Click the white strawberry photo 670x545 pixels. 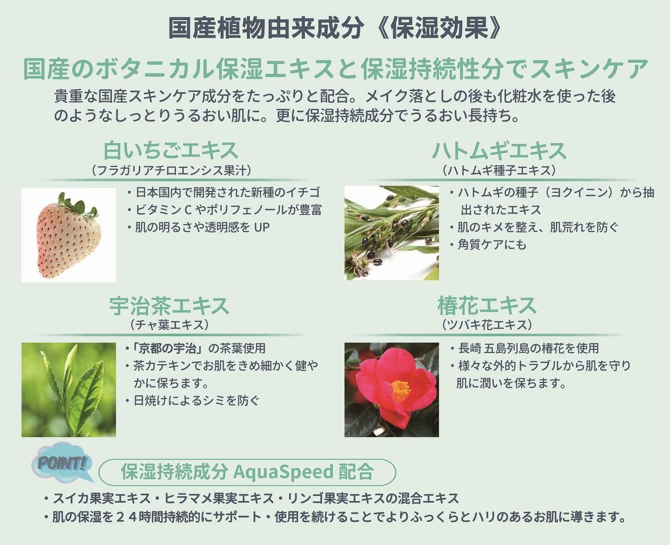point(69,235)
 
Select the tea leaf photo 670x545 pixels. point(69,390)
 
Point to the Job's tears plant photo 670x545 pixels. point(392,233)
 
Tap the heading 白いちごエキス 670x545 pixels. point(171,150)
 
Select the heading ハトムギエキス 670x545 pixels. point(499,151)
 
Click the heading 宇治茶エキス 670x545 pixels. point(169,306)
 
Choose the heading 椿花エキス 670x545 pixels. point(487,306)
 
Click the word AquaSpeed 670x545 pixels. point(284,472)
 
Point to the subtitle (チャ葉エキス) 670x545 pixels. point(169,325)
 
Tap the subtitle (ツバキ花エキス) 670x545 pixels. point(487,325)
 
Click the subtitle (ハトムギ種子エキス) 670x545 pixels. point(499,170)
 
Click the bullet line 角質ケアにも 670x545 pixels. point(489,245)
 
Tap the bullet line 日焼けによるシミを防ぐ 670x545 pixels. point(193,400)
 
